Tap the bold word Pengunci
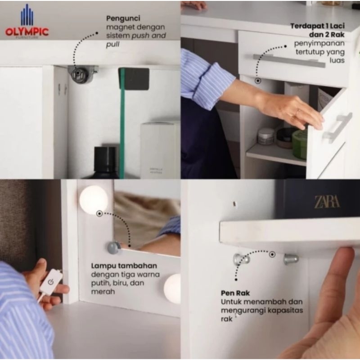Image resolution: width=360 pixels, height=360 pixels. (123, 18)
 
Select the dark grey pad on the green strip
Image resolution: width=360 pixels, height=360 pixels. (134, 79)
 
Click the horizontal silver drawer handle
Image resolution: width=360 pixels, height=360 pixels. (289, 61)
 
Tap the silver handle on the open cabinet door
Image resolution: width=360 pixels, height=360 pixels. (337, 128)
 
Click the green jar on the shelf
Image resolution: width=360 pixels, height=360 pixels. (299, 144)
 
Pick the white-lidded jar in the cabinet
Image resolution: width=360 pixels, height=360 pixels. (266, 136)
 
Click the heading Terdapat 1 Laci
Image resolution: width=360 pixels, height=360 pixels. (318, 26)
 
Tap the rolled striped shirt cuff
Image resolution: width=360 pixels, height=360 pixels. (213, 85)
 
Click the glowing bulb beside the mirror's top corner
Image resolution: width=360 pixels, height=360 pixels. (94, 199)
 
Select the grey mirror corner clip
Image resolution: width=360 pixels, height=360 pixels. (114, 247)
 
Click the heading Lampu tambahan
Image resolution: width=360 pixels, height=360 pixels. (124, 266)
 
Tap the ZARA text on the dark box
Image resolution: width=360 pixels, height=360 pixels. (327, 202)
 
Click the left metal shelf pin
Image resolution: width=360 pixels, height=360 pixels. (241, 259)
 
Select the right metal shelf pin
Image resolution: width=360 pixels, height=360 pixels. (291, 259)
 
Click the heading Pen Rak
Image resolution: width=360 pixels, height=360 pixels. (235, 293)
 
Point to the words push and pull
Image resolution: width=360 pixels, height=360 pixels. (136, 40)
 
